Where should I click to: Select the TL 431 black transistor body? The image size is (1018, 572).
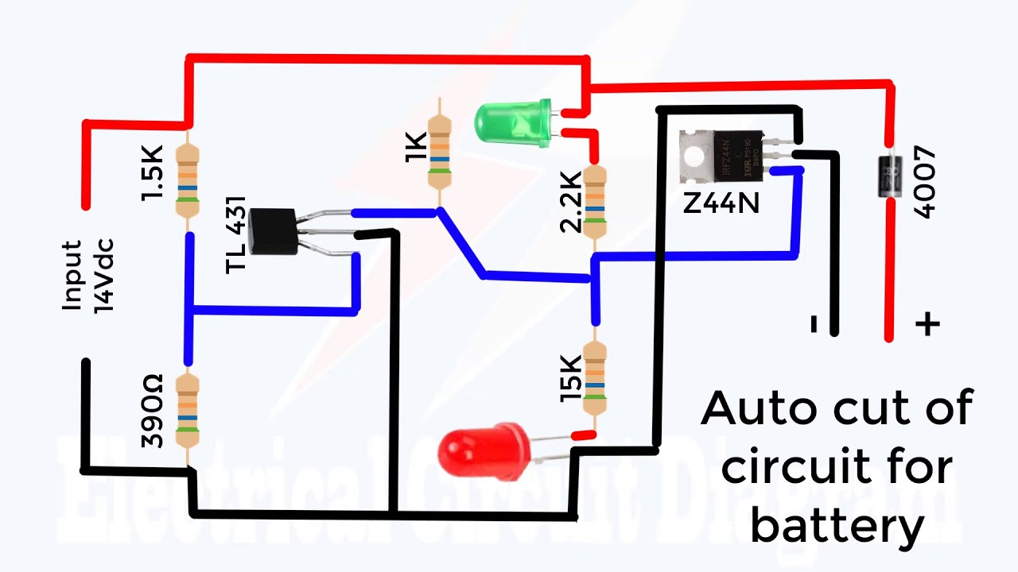271,231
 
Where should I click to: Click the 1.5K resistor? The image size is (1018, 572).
188,182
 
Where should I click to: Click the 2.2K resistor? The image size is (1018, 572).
594,201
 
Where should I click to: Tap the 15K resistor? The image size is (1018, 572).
594,377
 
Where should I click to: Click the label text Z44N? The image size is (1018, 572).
721,203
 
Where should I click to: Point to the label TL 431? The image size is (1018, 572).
236,234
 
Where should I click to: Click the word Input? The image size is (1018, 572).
73,275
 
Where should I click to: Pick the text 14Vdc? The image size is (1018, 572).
104,275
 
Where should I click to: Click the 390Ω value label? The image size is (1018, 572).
152,411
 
